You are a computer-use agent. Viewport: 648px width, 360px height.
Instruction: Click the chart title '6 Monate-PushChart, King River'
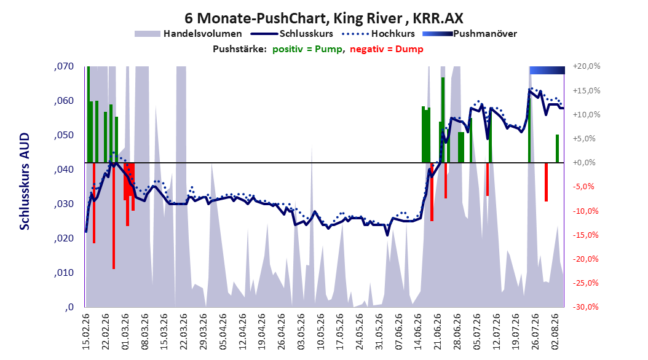click(x=293, y=18)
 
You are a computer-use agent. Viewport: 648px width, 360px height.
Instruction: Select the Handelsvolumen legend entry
click(x=189, y=34)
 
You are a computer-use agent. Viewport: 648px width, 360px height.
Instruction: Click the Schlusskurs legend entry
click(x=292, y=34)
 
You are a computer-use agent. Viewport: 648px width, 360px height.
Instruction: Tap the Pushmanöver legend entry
click(x=470, y=34)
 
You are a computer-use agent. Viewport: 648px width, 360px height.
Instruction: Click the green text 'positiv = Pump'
click(x=307, y=49)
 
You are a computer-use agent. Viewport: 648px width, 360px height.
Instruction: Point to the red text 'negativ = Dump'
click(x=387, y=49)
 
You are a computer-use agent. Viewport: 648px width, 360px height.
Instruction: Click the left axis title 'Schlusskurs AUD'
click(x=25, y=181)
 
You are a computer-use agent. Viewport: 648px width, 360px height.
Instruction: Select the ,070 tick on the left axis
click(x=64, y=66)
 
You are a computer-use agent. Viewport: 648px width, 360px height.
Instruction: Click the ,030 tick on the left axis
click(x=64, y=204)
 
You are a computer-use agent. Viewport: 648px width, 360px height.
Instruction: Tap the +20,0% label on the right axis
click(x=587, y=66)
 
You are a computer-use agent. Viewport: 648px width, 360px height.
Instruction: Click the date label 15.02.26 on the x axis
click(x=86, y=332)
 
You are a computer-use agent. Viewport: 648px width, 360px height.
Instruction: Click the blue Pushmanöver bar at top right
click(x=547, y=70)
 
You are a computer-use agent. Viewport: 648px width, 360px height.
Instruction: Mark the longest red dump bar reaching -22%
click(x=114, y=216)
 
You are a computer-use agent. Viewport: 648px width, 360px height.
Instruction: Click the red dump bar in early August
click(x=546, y=182)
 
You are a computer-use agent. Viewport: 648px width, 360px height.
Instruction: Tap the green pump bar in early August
click(x=557, y=149)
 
